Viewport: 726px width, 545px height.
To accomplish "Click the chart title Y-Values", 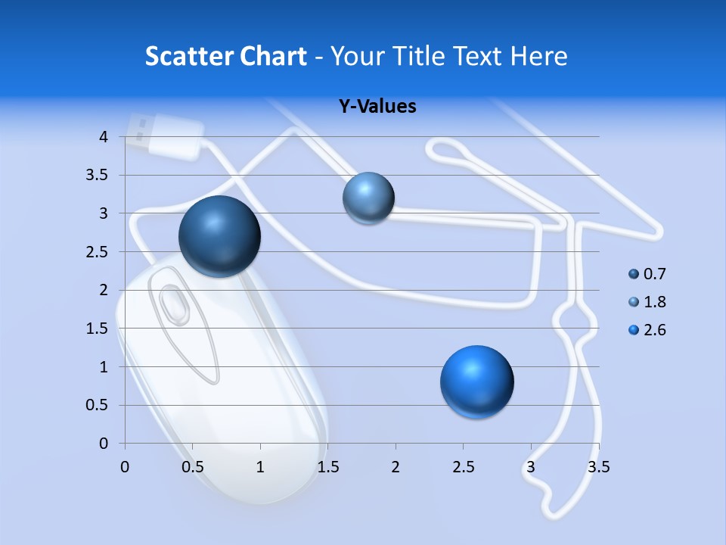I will point(377,106).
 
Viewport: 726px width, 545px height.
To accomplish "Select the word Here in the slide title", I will point(539,56).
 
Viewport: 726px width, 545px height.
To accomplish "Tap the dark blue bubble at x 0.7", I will point(219,236).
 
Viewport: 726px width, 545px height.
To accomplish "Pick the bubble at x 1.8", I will point(368,198).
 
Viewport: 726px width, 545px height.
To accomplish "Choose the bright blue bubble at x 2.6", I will point(476,381).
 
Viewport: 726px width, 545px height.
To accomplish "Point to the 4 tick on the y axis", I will point(104,137).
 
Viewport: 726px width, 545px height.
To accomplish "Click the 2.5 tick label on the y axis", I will point(98,252).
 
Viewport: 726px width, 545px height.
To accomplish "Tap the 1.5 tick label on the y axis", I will point(98,329).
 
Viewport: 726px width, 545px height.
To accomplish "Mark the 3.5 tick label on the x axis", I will point(598,467).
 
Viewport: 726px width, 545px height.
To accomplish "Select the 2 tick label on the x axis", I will point(396,467).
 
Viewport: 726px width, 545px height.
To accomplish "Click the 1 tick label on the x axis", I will point(260,467).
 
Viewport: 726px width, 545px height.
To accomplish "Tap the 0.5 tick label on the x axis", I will point(193,467).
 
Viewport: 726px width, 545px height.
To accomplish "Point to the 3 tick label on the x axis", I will point(531,467).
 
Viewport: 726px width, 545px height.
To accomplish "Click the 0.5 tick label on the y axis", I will point(98,405).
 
